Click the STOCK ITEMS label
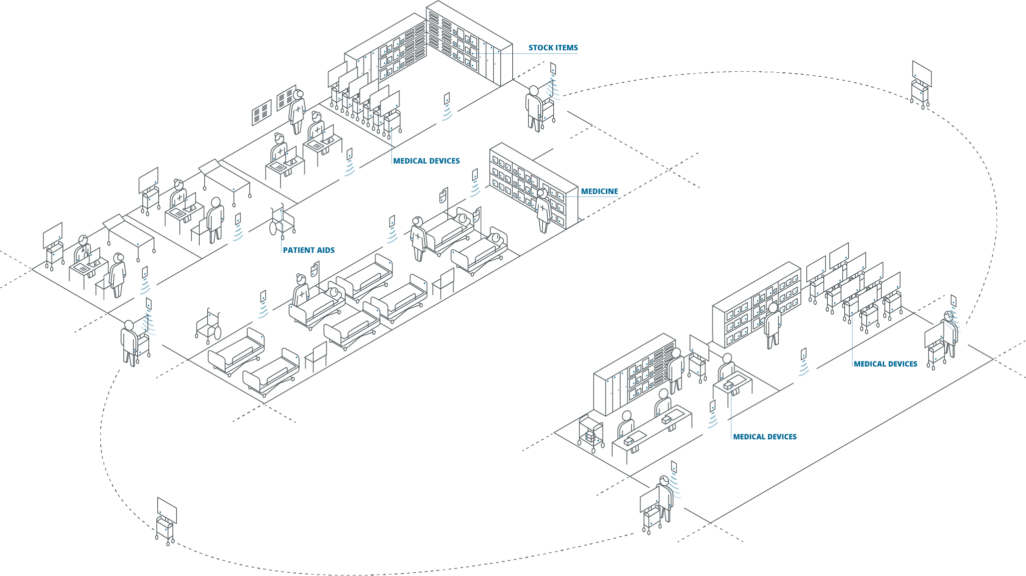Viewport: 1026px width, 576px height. tap(553, 48)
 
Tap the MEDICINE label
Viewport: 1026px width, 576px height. tap(599, 192)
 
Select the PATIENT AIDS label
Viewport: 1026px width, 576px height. tap(309, 250)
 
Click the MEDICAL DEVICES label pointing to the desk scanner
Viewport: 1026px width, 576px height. tap(764, 437)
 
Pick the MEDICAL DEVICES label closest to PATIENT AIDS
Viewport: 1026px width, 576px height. tap(426, 161)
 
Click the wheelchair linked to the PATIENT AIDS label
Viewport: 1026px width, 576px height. tap(282, 221)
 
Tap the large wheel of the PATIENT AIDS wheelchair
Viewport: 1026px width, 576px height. tap(273, 228)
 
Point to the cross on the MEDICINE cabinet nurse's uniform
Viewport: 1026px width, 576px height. tap(543, 207)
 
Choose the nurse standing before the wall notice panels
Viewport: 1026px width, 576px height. tap(298, 111)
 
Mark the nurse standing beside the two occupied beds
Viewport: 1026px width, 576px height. tap(418, 238)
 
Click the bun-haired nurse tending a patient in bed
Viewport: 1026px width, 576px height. tap(301, 291)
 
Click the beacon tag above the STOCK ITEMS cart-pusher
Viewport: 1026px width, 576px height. tap(553, 68)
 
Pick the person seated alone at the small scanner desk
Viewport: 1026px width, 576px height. tap(726, 370)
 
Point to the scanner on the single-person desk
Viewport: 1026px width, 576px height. tap(728, 385)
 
